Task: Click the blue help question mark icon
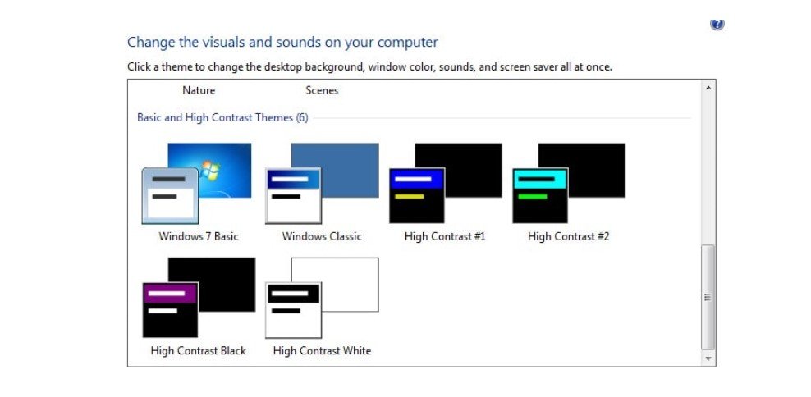coord(717,25)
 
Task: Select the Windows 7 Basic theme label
coord(199,236)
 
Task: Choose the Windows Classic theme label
coord(322,236)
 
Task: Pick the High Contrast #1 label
coord(445,236)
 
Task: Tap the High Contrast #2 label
coord(568,236)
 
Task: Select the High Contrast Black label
coord(198,350)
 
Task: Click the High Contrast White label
coord(322,350)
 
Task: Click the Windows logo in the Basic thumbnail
coord(210,170)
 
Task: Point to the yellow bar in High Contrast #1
coord(409,196)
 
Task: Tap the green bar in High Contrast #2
coord(532,196)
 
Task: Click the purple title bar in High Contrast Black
coord(170,293)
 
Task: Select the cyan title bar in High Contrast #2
coord(540,179)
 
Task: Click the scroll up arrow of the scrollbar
coord(708,88)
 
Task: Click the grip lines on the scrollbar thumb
coord(708,297)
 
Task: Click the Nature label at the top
coord(199,90)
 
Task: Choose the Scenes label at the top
coord(322,90)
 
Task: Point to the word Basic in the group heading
coord(149,118)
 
